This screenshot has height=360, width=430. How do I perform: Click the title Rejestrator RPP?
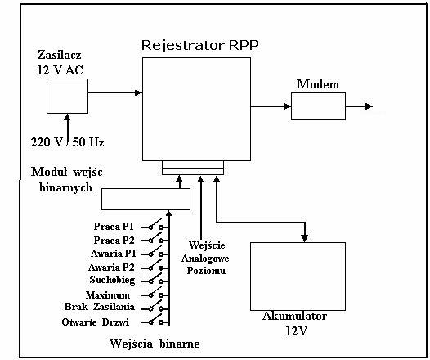[x=200, y=45]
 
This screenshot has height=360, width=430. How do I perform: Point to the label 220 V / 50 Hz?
[x=67, y=142]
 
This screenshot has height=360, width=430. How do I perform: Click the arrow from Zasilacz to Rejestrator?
[x=115, y=92]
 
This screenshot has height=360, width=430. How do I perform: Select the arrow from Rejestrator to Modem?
[x=271, y=106]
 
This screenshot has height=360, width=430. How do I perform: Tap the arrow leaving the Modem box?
[x=359, y=106]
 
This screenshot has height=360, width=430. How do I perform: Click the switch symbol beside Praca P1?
[x=155, y=225]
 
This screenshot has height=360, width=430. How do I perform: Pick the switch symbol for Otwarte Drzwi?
[x=155, y=320]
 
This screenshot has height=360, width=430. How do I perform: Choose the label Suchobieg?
[x=112, y=280]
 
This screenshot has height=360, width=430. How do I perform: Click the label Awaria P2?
[x=111, y=267]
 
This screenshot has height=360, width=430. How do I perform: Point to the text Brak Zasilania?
[x=100, y=307]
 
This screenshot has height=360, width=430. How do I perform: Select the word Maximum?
[x=108, y=295]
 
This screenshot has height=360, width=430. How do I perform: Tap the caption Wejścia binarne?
[x=155, y=344]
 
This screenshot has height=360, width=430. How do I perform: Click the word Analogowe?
[x=205, y=259]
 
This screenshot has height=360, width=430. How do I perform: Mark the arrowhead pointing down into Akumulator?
[x=304, y=238]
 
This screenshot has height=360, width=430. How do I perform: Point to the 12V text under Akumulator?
[x=297, y=331]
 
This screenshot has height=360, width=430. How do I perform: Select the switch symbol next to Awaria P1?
[x=155, y=252]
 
